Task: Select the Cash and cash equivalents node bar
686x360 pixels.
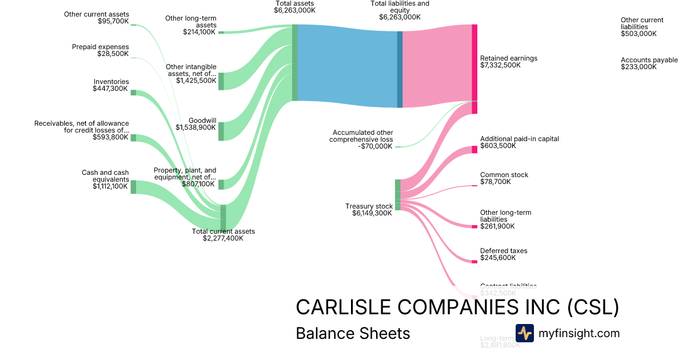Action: coord(133,187)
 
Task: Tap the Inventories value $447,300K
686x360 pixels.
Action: coord(110,89)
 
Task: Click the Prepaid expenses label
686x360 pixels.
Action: coord(101,47)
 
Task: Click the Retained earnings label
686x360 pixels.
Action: coord(509,58)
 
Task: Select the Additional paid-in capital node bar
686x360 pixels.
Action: coord(474,150)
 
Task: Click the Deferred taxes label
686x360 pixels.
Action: coord(504,251)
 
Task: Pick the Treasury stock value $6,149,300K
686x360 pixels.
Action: coord(372,213)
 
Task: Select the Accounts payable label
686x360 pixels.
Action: coord(649,60)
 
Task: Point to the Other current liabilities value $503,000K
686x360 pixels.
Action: coord(639,34)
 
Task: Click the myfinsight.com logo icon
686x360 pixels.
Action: coord(524,333)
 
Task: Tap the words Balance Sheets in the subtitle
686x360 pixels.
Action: coord(353,334)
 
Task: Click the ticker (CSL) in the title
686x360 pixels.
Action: coord(593,307)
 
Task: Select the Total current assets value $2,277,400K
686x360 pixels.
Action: coord(223,238)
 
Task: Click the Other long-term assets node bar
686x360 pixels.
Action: coord(221,33)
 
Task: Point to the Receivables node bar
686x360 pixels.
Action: coord(133,138)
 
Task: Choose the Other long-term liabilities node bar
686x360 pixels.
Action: coord(474,227)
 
